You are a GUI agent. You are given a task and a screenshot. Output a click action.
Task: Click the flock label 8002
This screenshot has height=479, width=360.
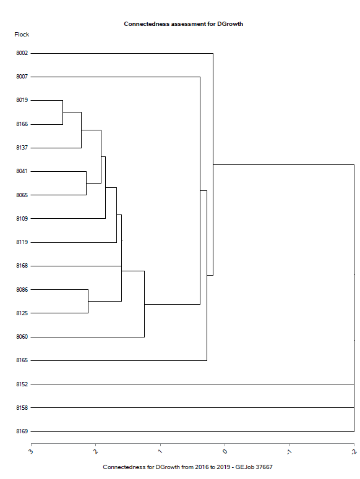[22, 53]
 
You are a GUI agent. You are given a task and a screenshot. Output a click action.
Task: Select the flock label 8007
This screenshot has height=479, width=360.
[22, 77]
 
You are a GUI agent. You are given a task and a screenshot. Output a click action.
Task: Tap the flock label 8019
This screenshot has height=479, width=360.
[22, 100]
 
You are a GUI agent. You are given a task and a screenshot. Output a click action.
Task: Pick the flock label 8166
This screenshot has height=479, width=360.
[22, 124]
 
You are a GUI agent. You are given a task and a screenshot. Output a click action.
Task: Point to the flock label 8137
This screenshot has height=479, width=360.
[22, 148]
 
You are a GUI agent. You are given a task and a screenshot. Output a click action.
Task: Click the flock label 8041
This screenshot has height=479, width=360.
[22, 171]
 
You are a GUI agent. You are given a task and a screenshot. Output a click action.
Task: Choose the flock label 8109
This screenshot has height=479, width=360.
[22, 218]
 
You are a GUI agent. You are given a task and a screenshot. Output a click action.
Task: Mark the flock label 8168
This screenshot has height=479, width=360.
[22, 266]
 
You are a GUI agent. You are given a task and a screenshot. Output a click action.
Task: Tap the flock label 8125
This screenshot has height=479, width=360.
[22, 313]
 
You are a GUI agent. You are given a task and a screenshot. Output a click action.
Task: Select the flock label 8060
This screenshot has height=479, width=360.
[22, 337]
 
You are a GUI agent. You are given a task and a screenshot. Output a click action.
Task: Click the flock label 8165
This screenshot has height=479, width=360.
[22, 360]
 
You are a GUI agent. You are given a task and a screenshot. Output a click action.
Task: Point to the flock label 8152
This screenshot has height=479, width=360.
[22, 384]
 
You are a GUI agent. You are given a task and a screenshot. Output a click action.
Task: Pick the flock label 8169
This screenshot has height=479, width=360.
[22, 431]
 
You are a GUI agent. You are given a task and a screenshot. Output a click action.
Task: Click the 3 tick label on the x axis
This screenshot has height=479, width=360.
[31, 452]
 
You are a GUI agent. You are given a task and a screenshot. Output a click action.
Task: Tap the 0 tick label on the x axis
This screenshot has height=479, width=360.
[225, 452]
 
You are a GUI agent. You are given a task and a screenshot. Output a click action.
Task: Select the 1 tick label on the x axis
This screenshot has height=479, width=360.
[160, 452]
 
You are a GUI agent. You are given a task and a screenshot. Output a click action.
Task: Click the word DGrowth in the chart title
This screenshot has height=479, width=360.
[230, 24]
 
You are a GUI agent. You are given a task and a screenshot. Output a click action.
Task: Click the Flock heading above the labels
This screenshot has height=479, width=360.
[22, 35]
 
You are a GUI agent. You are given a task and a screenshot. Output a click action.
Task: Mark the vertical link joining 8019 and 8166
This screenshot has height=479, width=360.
[63, 112]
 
